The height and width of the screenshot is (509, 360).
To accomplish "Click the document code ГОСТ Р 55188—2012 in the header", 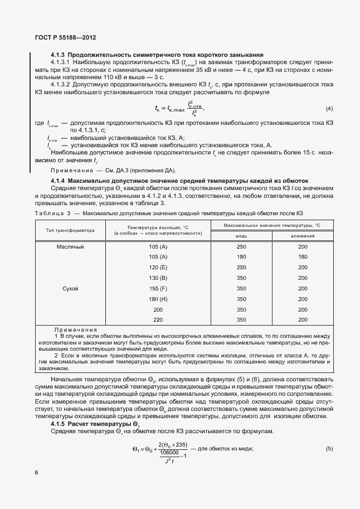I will [65, 38].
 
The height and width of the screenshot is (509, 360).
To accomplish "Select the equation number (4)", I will [329, 108].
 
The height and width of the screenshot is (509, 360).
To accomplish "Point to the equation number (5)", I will [329, 449].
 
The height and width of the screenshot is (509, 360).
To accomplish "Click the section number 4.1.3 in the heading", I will [59, 55].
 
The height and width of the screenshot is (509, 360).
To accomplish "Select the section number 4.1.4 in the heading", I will [59, 181].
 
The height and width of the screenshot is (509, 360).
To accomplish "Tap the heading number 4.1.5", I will [59, 424].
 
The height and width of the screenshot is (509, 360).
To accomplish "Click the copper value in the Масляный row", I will [241, 246].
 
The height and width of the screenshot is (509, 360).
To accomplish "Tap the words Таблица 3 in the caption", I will [52, 214].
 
